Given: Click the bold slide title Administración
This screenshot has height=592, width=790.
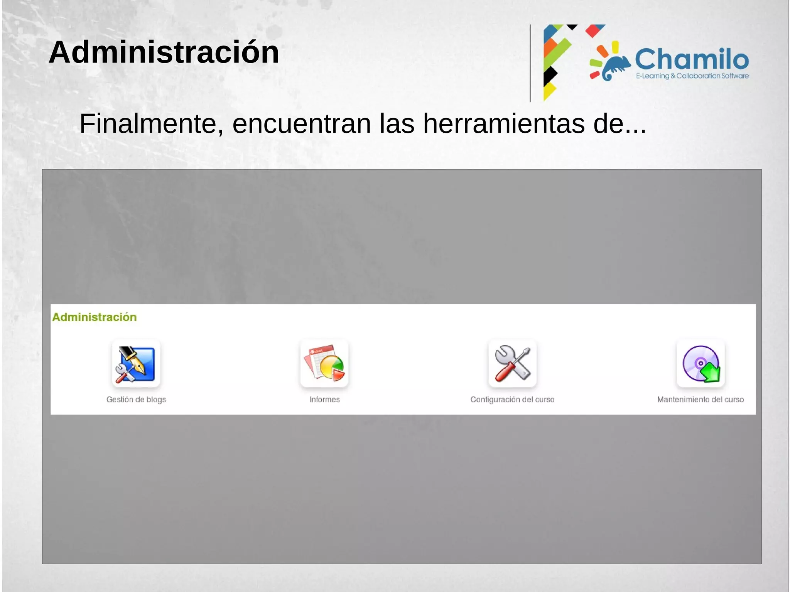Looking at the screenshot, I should click(x=164, y=52).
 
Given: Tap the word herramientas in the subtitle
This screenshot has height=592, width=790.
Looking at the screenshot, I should click(x=503, y=124).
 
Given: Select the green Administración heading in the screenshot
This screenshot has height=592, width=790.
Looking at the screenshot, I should click(x=95, y=317).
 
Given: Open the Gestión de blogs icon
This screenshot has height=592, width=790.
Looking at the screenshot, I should click(x=136, y=364).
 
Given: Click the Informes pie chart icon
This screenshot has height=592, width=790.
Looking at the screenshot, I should click(x=324, y=364).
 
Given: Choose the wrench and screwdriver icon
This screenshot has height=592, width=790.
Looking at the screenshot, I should click(x=512, y=364).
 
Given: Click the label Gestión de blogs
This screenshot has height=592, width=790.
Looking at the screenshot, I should click(x=136, y=400).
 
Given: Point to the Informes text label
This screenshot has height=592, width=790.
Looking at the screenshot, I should click(x=324, y=400).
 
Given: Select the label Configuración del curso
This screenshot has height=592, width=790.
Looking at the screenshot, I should click(x=512, y=400).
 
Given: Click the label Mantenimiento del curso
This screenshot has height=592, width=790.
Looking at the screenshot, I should click(x=700, y=400).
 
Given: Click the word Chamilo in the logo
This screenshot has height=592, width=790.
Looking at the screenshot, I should click(x=692, y=59).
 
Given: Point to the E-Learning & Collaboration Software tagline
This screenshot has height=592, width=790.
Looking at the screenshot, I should click(x=692, y=76).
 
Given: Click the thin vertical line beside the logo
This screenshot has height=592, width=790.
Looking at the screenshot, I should click(x=530, y=63).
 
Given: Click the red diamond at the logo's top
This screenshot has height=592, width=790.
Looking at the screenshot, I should click(x=594, y=30).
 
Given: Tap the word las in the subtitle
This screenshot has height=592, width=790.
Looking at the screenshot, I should click(x=397, y=124).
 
